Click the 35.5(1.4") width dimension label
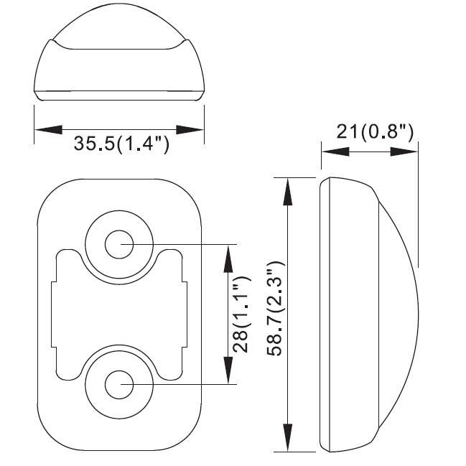[x=121, y=144]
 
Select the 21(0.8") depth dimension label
[x=375, y=131]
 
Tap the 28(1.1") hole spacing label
[x=241, y=314]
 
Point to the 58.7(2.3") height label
[x=276, y=309]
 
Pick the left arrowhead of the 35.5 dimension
[x=48, y=129]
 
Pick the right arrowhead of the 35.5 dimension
[x=190, y=129]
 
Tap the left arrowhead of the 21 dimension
[x=335, y=152]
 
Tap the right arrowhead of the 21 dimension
[x=404, y=152]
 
